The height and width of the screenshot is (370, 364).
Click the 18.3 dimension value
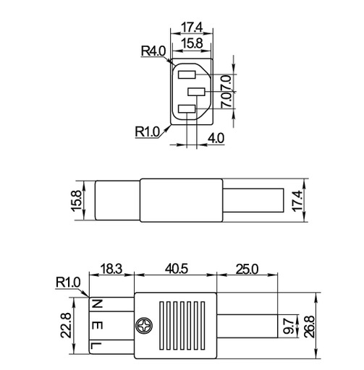coord(111,269)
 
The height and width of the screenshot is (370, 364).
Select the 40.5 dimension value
coord(176,269)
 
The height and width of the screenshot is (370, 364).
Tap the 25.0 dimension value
coord(247,269)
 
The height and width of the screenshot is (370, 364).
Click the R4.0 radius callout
coord(153,51)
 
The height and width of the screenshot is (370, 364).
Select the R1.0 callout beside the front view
coord(147,132)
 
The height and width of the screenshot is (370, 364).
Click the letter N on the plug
coord(96,304)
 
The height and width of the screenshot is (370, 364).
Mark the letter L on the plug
coord(96,347)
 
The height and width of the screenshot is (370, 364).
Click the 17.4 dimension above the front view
coord(192,27)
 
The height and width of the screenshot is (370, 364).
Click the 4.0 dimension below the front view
coord(215,137)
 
